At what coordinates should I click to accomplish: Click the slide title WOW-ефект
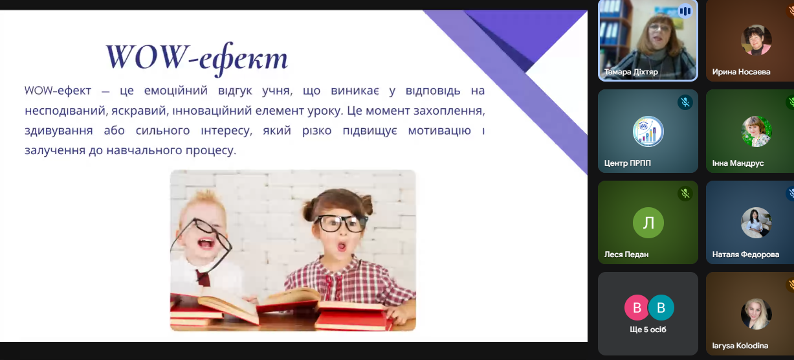pos(197,58)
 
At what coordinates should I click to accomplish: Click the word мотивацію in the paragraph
pos(439,131)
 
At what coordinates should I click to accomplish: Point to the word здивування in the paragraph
pos(58,131)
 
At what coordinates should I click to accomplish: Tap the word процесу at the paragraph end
pos(211,150)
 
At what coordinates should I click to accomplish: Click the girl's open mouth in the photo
pos(342,246)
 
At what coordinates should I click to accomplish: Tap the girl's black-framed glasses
pos(340,223)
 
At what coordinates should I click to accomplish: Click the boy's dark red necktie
pos(203,278)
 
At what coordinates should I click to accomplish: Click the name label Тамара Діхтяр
pos(631,72)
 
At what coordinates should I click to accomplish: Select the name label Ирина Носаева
pos(741,72)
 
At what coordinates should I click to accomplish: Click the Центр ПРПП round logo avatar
pos(648,131)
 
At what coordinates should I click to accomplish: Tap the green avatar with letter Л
pos(648,222)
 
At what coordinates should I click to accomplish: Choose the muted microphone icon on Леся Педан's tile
pos(685,194)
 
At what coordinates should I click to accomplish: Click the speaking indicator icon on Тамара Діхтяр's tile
pos(685,11)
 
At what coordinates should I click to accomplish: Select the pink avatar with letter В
pos(637,308)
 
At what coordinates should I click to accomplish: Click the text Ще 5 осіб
pos(648,330)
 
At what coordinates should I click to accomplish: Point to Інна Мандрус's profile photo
pos(756,131)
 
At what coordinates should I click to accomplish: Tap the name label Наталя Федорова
pos(746,254)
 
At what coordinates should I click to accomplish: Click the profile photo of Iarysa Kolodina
pos(756,314)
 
